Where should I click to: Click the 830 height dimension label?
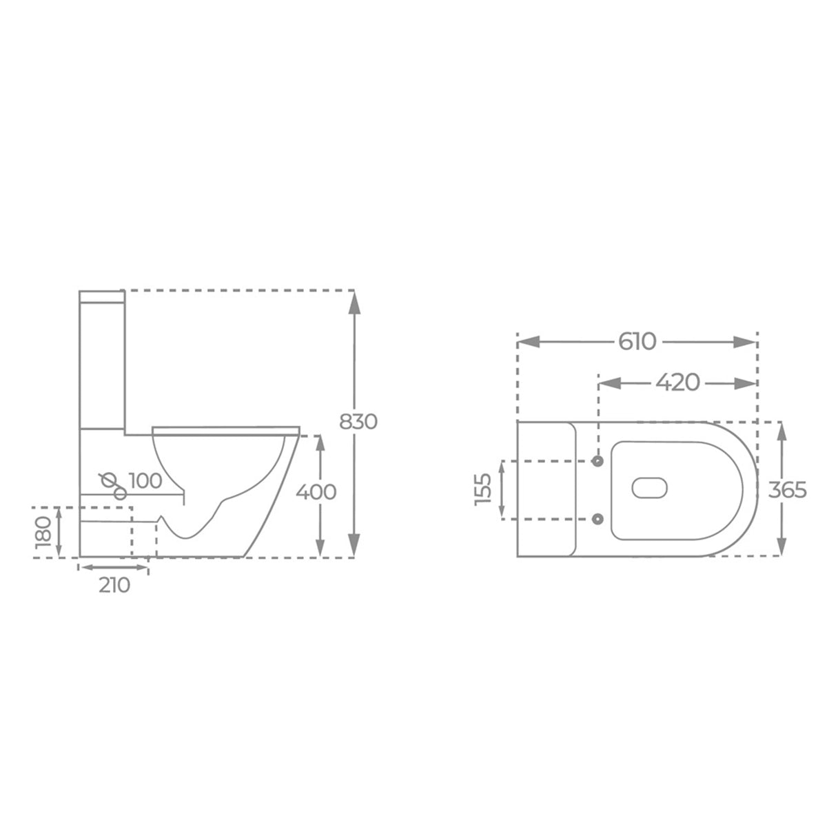pos(358,422)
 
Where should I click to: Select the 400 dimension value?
pos(316,492)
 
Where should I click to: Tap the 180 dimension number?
pos(44,533)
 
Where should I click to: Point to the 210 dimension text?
pos(114,585)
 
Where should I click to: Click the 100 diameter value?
pos(145,481)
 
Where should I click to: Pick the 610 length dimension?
pos(637,342)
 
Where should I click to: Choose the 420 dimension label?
pos(677,382)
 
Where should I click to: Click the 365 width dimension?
pos(788,490)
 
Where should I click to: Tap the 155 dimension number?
pos(483,489)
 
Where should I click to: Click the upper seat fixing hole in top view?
pos(598,461)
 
